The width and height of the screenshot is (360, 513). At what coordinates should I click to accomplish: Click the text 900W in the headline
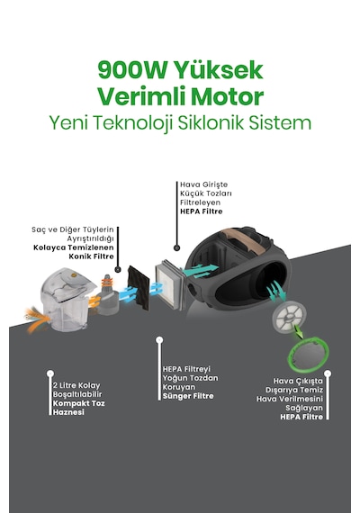click(x=132, y=70)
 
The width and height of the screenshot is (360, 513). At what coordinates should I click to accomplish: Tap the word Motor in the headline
click(x=227, y=96)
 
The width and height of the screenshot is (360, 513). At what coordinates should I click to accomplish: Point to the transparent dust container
click(x=67, y=299)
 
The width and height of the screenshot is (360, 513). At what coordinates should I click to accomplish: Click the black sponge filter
click(x=139, y=288)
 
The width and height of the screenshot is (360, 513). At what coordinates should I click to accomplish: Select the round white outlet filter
click(x=289, y=317)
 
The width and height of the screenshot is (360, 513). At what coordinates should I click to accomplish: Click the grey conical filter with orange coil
click(x=108, y=295)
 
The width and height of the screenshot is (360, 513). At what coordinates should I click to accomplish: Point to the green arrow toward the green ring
click(x=299, y=332)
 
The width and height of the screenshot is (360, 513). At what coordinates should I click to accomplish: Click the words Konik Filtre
click(x=91, y=256)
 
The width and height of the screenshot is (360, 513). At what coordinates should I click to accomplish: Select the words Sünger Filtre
click(x=188, y=396)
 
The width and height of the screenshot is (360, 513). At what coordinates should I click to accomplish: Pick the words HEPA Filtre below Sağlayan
click(x=301, y=417)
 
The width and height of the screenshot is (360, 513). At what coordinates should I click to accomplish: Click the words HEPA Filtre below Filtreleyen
click(x=202, y=211)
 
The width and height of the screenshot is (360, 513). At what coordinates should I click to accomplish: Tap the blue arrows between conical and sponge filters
click(x=129, y=293)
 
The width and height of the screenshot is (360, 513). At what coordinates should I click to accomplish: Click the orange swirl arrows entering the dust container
click(x=37, y=318)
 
